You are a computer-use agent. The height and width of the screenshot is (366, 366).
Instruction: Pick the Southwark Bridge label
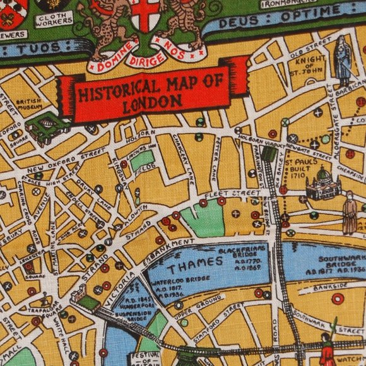click(341, 263)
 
